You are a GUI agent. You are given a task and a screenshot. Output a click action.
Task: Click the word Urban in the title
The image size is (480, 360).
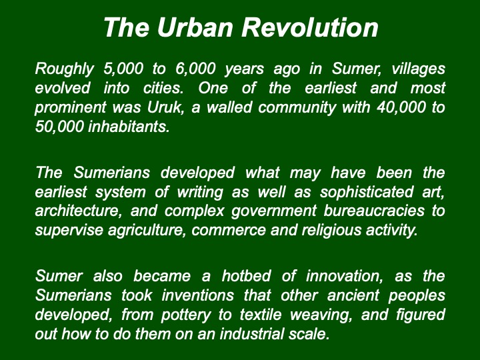coord(195,27)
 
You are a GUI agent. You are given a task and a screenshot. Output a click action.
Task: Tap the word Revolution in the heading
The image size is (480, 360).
coord(310,27)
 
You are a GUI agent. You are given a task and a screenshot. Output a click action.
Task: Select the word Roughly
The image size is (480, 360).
coord(64,69)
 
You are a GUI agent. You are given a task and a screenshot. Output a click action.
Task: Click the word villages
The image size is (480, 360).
coord(418,69)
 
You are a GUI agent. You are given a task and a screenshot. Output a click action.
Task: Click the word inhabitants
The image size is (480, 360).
coord(129,127)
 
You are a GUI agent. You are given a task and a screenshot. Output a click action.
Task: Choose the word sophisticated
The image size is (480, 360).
coord(367,193)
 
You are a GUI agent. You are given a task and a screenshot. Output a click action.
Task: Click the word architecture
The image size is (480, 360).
coord(78,211)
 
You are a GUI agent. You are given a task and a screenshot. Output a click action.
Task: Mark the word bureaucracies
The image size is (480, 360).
coord(374,211)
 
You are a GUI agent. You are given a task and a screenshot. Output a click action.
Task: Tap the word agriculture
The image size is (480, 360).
coord(147,231)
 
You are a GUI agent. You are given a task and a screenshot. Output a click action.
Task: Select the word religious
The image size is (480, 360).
coord(331,231)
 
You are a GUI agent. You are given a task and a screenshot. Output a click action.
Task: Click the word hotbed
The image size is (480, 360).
coord(246,276)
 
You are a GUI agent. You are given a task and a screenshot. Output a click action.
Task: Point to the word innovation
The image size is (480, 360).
coord(345,277)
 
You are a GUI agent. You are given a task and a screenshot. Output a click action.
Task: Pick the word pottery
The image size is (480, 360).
coord(186,315)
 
